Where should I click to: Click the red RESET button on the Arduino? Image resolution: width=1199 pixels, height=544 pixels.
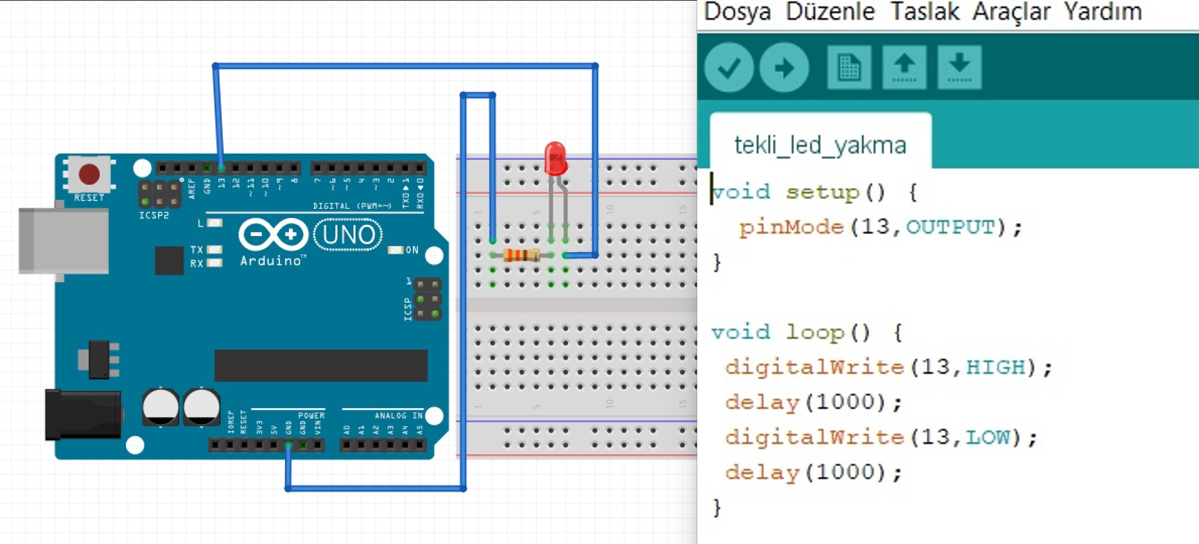[x=89, y=174]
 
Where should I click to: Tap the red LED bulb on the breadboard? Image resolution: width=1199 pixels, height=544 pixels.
[x=555, y=159]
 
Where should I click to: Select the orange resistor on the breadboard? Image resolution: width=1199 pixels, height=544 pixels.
[x=521, y=255]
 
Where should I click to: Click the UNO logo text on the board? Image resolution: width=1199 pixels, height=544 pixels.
[x=348, y=235]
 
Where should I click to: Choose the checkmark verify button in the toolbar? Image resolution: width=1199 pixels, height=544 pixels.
[x=729, y=68]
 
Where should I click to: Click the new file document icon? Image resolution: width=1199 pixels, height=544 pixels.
[x=849, y=68]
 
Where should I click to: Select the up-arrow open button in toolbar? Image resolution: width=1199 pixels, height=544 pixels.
[x=904, y=68]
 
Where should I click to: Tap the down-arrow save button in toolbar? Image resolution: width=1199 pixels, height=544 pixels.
[x=959, y=68]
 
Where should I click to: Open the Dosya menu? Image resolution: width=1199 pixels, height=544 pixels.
[x=737, y=12]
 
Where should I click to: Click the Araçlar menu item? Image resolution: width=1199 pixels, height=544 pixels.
[x=1011, y=12]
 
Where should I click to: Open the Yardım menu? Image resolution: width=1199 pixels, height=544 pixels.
[x=1102, y=12]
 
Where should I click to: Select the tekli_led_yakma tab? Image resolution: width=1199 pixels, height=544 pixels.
[x=820, y=145]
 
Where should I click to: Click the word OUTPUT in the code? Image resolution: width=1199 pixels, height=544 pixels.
[x=950, y=227]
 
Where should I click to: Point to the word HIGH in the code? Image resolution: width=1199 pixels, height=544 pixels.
[x=995, y=367]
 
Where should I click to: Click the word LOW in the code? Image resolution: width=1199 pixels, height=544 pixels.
[x=987, y=438]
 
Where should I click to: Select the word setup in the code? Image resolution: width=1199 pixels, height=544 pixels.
[x=822, y=192]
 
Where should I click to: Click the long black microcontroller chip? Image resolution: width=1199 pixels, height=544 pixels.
[x=321, y=365]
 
